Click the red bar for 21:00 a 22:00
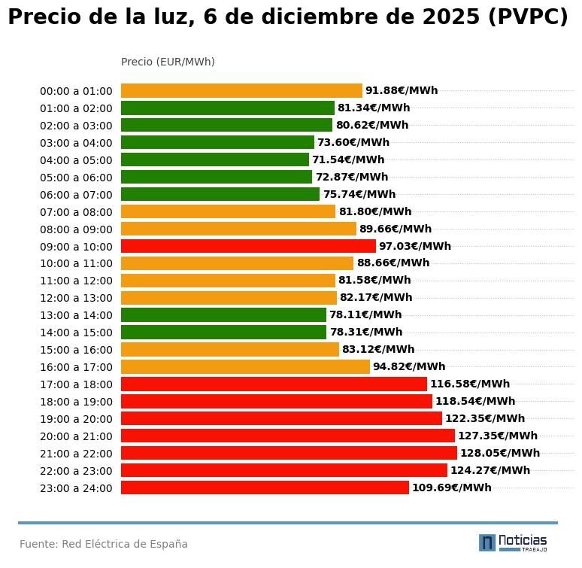[x=289, y=453]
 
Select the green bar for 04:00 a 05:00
[x=215, y=159]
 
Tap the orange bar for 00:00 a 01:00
[x=241, y=90]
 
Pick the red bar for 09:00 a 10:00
[x=248, y=246]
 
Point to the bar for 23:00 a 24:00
[x=265, y=488]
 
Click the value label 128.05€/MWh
[x=500, y=453]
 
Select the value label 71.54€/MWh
[x=348, y=159]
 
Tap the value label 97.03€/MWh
[x=414, y=246]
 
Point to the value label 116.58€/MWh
[x=470, y=384]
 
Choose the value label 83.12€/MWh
[x=378, y=349]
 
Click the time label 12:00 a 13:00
[x=76, y=298]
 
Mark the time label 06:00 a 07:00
[x=76, y=194]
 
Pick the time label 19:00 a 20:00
[x=76, y=419]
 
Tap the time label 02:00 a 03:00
[x=76, y=126]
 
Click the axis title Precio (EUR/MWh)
[x=168, y=62]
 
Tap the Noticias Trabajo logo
[x=513, y=542]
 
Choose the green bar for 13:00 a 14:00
[x=223, y=314]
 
